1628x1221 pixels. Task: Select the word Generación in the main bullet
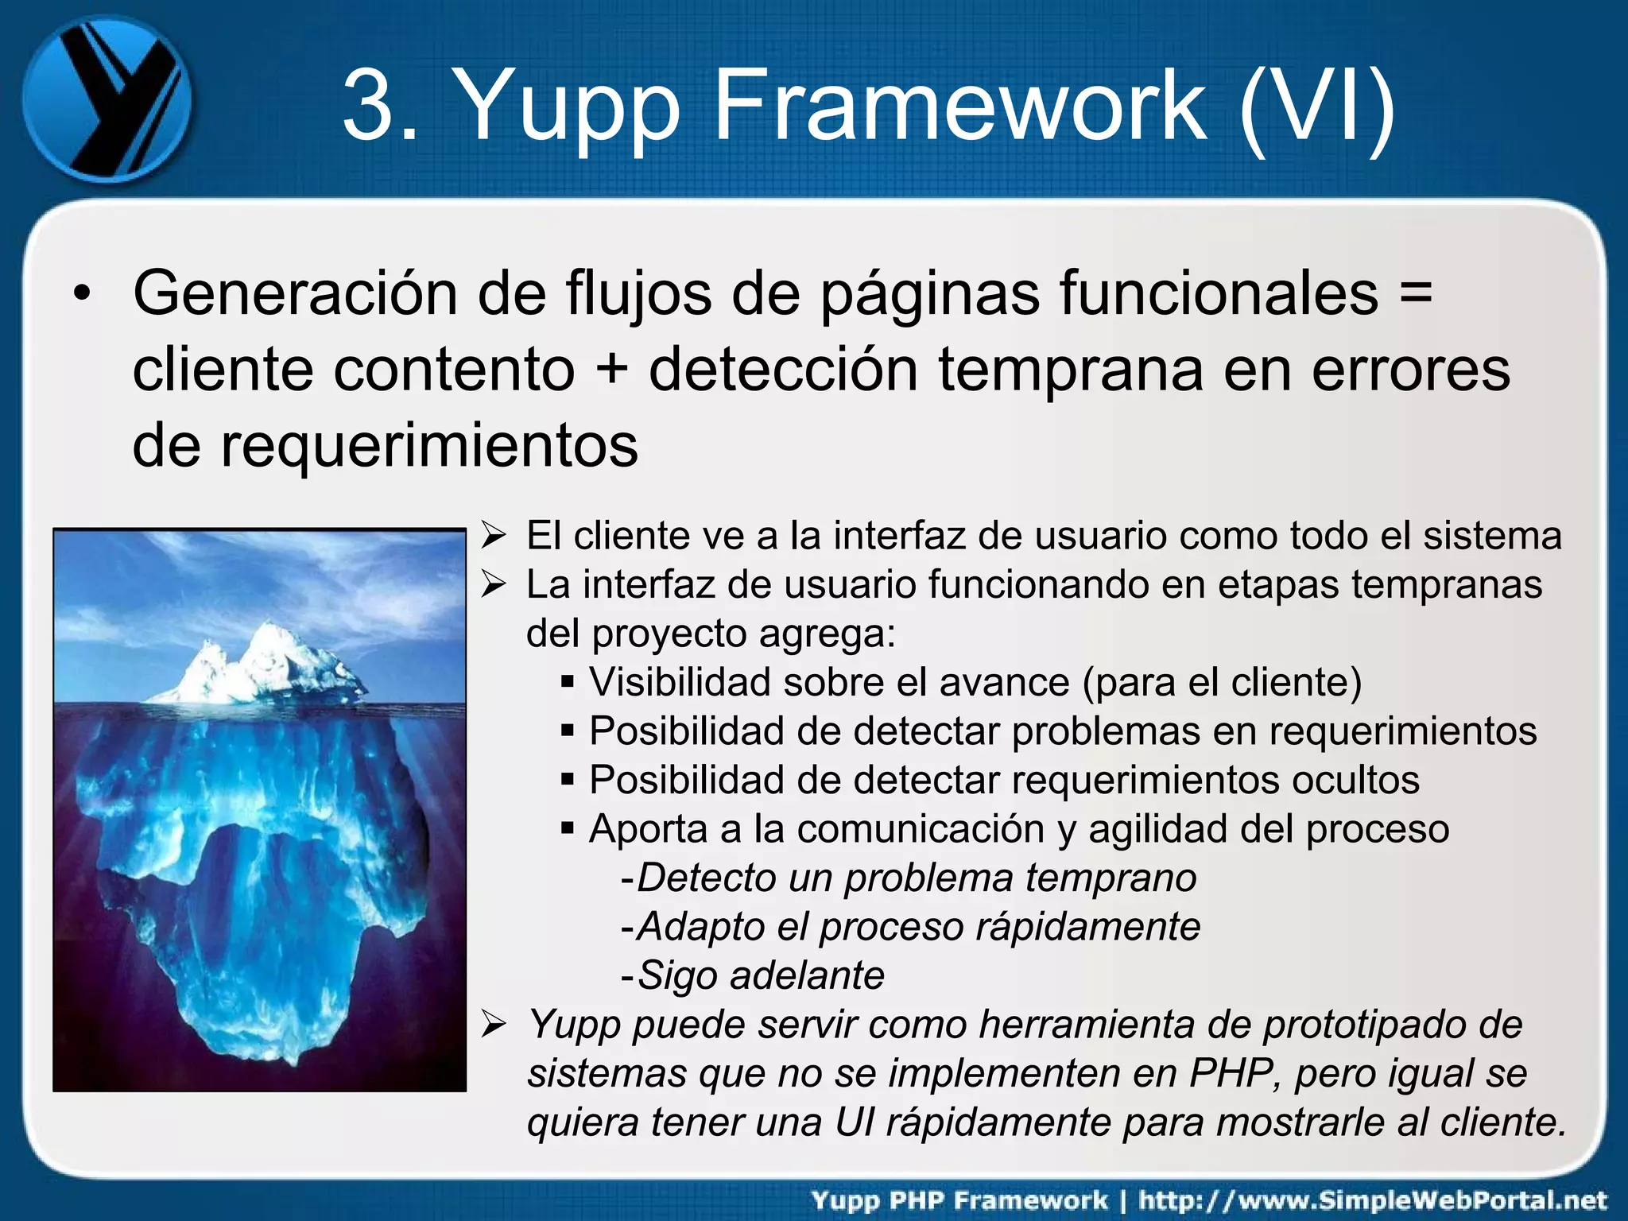(x=294, y=294)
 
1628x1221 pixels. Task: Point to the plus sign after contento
(x=610, y=370)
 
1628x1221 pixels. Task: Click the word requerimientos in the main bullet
(x=429, y=445)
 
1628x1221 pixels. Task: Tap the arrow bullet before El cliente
(x=494, y=537)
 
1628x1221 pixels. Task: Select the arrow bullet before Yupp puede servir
(x=494, y=1025)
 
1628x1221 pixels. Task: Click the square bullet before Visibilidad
(x=567, y=682)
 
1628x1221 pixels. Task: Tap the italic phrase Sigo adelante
(x=761, y=975)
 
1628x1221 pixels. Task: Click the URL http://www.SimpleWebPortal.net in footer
(x=1373, y=1200)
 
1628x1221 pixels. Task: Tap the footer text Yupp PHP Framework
(x=959, y=1200)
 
